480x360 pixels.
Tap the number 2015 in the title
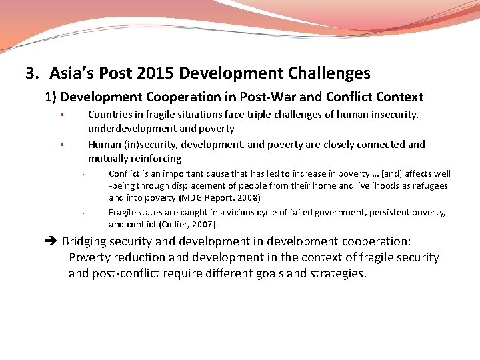point(156,73)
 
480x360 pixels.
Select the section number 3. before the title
point(33,73)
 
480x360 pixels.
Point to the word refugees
point(428,186)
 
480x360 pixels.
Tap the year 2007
point(203,225)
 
